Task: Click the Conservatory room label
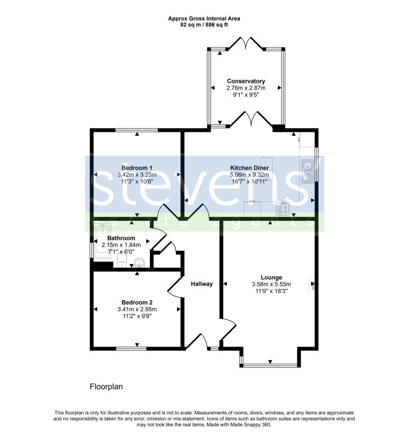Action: [246, 81]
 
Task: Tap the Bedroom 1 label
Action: [137, 168]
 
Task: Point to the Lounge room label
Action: [272, 277]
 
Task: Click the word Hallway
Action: [202, 284]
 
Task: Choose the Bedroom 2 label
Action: [137, 302]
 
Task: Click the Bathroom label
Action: [121, 238]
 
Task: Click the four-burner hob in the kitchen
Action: [283, 209]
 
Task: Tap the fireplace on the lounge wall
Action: [312, 285]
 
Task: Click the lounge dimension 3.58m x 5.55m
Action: [272, 284]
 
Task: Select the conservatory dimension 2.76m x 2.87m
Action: [246, 88]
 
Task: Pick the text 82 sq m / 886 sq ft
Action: [204, 25]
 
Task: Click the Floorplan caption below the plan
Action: [106, 387]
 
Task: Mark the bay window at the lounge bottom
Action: [270, 364]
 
